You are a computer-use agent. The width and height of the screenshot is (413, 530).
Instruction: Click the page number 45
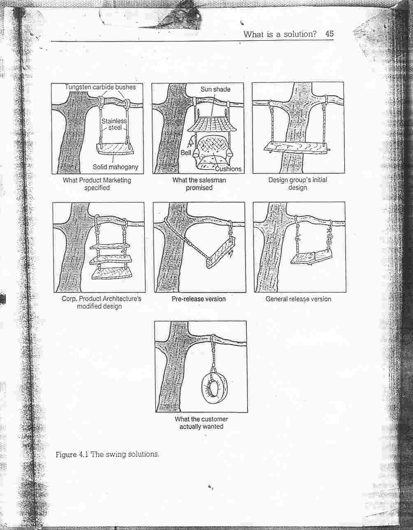tap(329, 34)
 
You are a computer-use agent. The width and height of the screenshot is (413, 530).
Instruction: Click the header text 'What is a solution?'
tap(280, 34)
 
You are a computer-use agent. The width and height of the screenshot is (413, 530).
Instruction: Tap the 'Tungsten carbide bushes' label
tap(100, 87)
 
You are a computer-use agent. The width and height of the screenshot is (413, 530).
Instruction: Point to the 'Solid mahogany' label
tap(115, 167)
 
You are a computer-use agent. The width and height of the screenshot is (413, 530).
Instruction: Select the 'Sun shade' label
tap(215, 89)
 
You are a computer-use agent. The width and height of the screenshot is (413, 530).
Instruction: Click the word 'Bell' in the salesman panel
tap(186, 152)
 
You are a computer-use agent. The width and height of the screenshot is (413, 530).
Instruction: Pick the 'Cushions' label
tap(228, 168)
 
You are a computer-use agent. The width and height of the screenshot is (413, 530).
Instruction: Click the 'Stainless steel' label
tap(114, 124)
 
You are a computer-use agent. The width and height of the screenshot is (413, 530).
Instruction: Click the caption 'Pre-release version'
tap(199, 299)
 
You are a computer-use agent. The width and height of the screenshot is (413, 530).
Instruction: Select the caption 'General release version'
tap(298, 299)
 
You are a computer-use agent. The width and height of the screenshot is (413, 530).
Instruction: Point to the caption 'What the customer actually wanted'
tap(201, 423)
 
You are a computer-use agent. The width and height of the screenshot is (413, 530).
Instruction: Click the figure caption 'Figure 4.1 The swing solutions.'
tap(107, 454)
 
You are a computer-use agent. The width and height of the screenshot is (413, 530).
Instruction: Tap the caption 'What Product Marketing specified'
tap(97, 184)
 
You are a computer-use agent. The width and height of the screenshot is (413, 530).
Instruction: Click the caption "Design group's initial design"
tap(297, 184)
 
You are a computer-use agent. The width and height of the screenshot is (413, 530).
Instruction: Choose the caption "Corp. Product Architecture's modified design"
tap(101, 302)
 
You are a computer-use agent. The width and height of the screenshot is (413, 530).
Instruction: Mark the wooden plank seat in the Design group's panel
tap(297, 147)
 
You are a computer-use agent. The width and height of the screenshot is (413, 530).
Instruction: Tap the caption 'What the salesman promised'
tap(199, 184)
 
